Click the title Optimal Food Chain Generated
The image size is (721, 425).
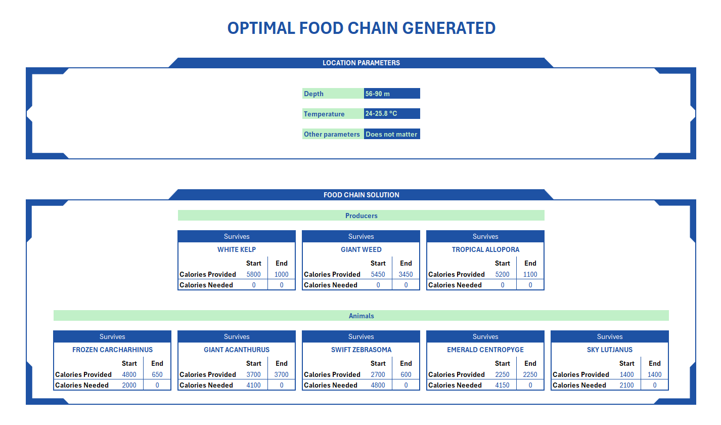click(361, 28)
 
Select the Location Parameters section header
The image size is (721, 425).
click(361, 63)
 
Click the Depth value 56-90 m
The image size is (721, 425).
click(391, 94)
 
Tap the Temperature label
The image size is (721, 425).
click(324, 114)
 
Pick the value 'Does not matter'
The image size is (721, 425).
click(391, 134)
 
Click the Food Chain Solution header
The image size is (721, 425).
click(361, 195)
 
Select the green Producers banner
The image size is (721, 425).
click(361, 216)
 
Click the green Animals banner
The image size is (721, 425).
click(361, 316)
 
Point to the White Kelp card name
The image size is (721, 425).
click(237, 249)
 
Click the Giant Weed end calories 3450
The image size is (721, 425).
click(405, 274)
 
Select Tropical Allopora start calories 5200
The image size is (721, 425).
click(502, 274)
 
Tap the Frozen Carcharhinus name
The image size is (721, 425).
click(112, 350)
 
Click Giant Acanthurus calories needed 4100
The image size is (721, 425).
click(253, 385)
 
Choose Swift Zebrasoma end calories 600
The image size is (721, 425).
click(405, 374)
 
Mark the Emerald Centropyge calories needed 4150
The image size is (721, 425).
click(502, 385)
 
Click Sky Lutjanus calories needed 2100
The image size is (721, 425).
click(626, 385)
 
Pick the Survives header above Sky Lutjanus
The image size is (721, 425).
click(609, 336)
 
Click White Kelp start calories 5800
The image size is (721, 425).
click(253, 274)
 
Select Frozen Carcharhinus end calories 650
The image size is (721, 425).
click(157, 374)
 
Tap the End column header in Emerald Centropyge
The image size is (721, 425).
click(530, 363)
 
